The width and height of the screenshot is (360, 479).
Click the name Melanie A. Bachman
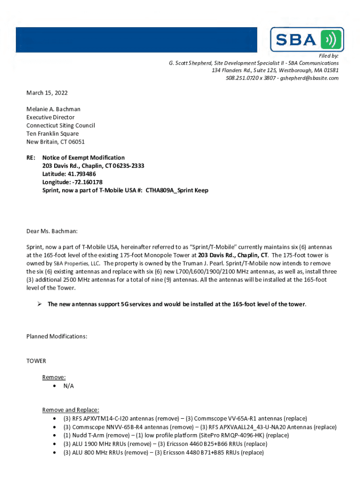[53, 109]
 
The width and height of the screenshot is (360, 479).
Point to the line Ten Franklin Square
[52, 134]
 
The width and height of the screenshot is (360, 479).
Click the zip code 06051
[77, 142]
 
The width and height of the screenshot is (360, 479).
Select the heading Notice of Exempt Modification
[83, 158]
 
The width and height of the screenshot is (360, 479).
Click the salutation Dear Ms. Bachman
[52, 231]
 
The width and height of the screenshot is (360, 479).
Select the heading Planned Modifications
[57, 337]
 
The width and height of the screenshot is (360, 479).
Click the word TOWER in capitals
[36, 361]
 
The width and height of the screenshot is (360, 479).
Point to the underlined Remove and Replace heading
[71, 410]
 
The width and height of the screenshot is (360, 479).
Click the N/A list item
[68, 386]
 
